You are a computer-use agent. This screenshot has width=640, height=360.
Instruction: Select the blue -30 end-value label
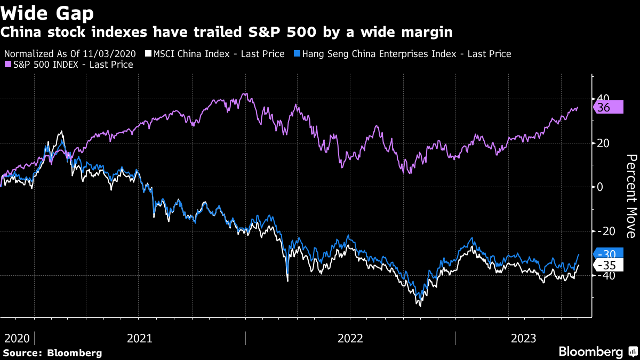[x=607, y=254]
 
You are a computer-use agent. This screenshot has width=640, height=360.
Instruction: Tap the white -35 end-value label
[x=607, y=266]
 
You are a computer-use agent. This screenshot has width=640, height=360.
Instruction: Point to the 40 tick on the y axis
[x=604, y=99]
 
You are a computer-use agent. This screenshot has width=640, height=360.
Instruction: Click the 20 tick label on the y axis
[x=604, y=143]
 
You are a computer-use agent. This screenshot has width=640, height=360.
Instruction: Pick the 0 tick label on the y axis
[x=600, y=187]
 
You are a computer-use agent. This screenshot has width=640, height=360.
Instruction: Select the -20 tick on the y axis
[x=605, y=231]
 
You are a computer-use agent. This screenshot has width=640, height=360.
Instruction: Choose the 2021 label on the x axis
[x=140, y=338]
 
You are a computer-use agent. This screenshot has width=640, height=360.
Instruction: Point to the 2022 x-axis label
[x=350, y=338]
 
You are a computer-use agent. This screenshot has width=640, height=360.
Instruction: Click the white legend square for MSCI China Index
[x=149, y=54]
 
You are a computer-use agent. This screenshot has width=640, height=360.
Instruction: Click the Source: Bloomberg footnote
[x=52, y=353]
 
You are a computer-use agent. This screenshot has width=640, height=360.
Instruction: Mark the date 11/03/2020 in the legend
[x=116, y=54]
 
